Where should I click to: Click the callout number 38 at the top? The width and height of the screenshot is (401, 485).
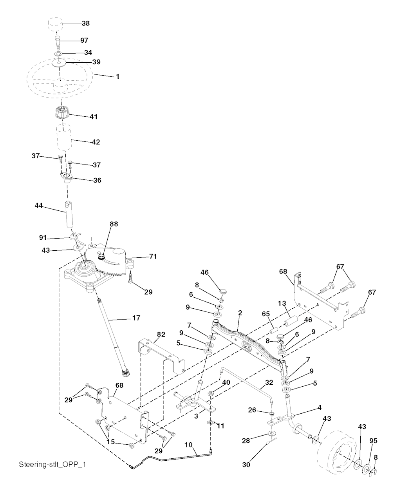[x=85, y=24]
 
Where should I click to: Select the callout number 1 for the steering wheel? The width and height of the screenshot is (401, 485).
[x=117, y=76]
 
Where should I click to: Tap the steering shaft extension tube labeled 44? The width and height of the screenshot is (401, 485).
[x=70, y=215]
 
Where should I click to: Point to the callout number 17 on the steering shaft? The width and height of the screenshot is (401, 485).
[x=136, y=319]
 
